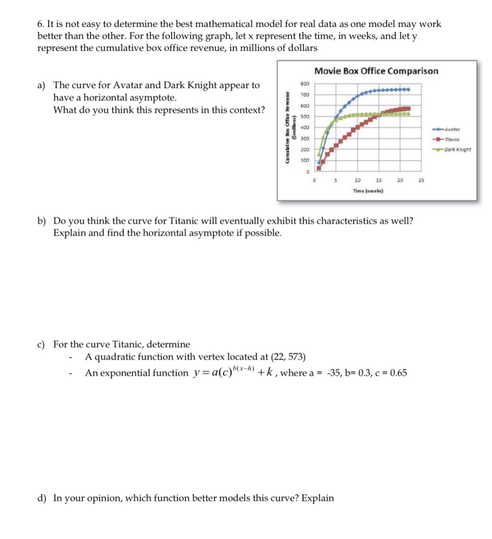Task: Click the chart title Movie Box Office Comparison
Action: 376,71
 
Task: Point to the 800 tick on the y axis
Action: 304,84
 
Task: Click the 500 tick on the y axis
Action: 304,117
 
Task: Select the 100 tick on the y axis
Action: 304,161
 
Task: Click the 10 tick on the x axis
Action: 357,180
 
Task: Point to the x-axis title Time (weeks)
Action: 368,190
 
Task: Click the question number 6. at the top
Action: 41,24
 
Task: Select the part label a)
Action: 41,85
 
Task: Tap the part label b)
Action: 41,221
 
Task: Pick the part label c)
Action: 41,344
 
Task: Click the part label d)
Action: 41,498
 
